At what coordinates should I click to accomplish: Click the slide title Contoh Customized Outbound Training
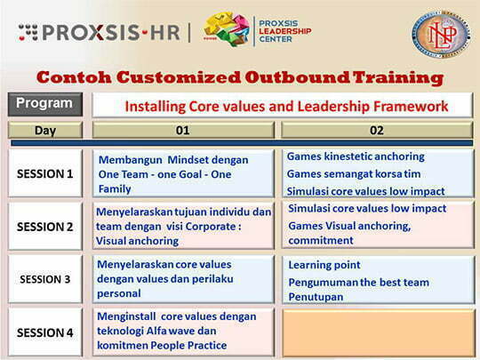(x=240, y=77)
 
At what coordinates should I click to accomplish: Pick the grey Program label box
(x=44, y=103)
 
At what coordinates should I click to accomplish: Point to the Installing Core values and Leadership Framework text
(x=286, y=106)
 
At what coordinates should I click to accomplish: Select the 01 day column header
(x=182, y=130)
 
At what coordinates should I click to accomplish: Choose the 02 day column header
(x=376, y=130)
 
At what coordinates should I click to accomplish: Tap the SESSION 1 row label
(x=45, y=173)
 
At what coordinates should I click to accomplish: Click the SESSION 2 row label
(x=45, y=226)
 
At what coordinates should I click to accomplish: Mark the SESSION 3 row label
(x=45, y=279)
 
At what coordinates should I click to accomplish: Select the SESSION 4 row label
(x=45, y=332)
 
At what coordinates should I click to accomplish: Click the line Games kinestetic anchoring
(x=343, y=156)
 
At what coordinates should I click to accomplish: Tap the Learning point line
(x=324, y=265)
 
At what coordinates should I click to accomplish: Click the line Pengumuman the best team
(x=358, y=282)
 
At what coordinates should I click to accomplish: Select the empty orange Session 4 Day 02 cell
(x=377, y=331)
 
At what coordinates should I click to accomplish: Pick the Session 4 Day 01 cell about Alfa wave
(x=183, y=331)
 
